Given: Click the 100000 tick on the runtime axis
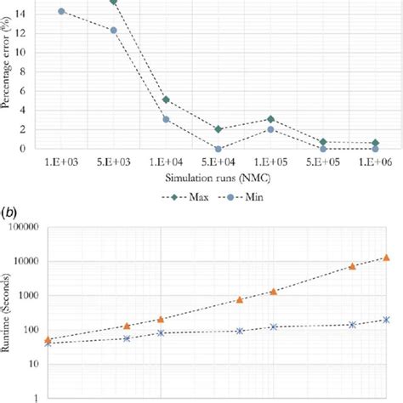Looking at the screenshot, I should pyautogui.click(x=25, y=228).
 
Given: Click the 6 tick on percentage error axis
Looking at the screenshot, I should pyautogui.click(x=34, y=90).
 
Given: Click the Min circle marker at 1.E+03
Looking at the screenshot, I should pyautogui.click(x=61, y=11).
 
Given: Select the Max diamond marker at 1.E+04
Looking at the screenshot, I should pyautogui.click(x=166, y=99).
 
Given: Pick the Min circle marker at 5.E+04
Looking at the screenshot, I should pyautogui.click(x=219, y=149).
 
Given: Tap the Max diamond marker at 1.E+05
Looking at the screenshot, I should pyautogui.click(x=271, y=119).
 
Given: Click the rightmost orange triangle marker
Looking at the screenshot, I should pyautogui.click(x=386, y=257).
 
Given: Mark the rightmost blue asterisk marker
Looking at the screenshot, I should pyautogui.click(x=386, y=320).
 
